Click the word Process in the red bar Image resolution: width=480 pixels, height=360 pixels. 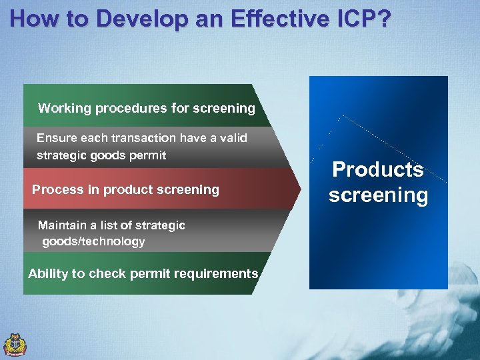click(53, 189)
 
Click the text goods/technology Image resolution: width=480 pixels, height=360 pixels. click(93, 241)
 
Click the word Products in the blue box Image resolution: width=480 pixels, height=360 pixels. click(378, 169)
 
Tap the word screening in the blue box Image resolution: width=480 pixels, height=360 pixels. click(378, 195)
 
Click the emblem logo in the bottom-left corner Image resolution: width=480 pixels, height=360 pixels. click(15, 343)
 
